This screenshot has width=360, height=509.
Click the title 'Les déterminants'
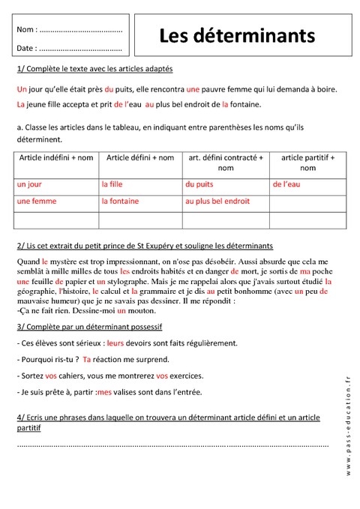[x=236, y=37]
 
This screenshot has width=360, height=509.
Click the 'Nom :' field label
[x=25, y=31]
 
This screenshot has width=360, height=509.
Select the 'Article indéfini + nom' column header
[x=54, y=157]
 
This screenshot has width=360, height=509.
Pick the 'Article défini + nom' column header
[x=140, y=157]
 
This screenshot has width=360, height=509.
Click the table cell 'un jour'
[x=28, y=184]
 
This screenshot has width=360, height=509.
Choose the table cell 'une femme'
[x=34, y=202]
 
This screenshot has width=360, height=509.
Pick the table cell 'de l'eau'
[x=286, y=184]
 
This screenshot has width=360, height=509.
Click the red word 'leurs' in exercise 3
[x=115, y=343]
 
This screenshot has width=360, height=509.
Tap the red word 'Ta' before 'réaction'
[x=87, y=359]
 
